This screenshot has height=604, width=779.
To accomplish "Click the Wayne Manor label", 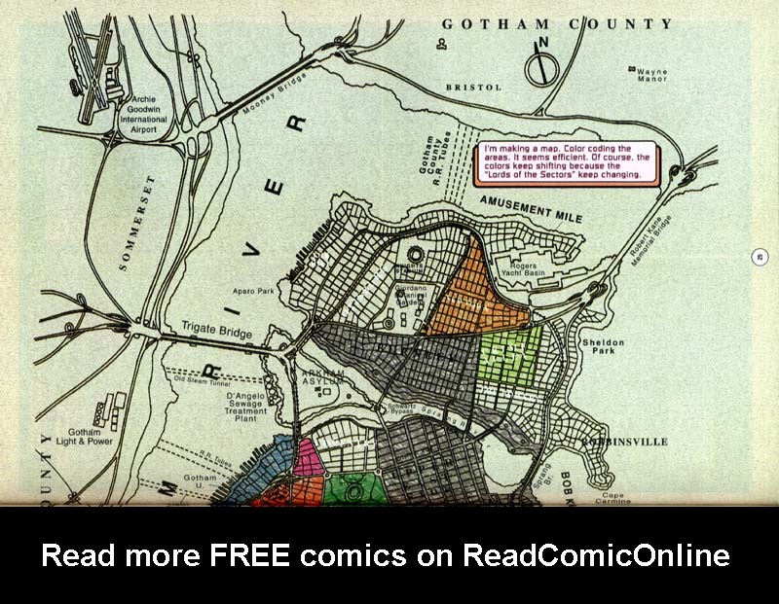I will point(652,76).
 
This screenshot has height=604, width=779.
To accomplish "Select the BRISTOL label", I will point(473,88).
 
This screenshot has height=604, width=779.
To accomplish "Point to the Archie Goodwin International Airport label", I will point(143,111).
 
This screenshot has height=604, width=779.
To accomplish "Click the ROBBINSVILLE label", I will point(626,442).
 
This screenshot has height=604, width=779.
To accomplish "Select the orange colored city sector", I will point(467,292).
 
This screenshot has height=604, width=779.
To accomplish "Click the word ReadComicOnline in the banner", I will point(596,555).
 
